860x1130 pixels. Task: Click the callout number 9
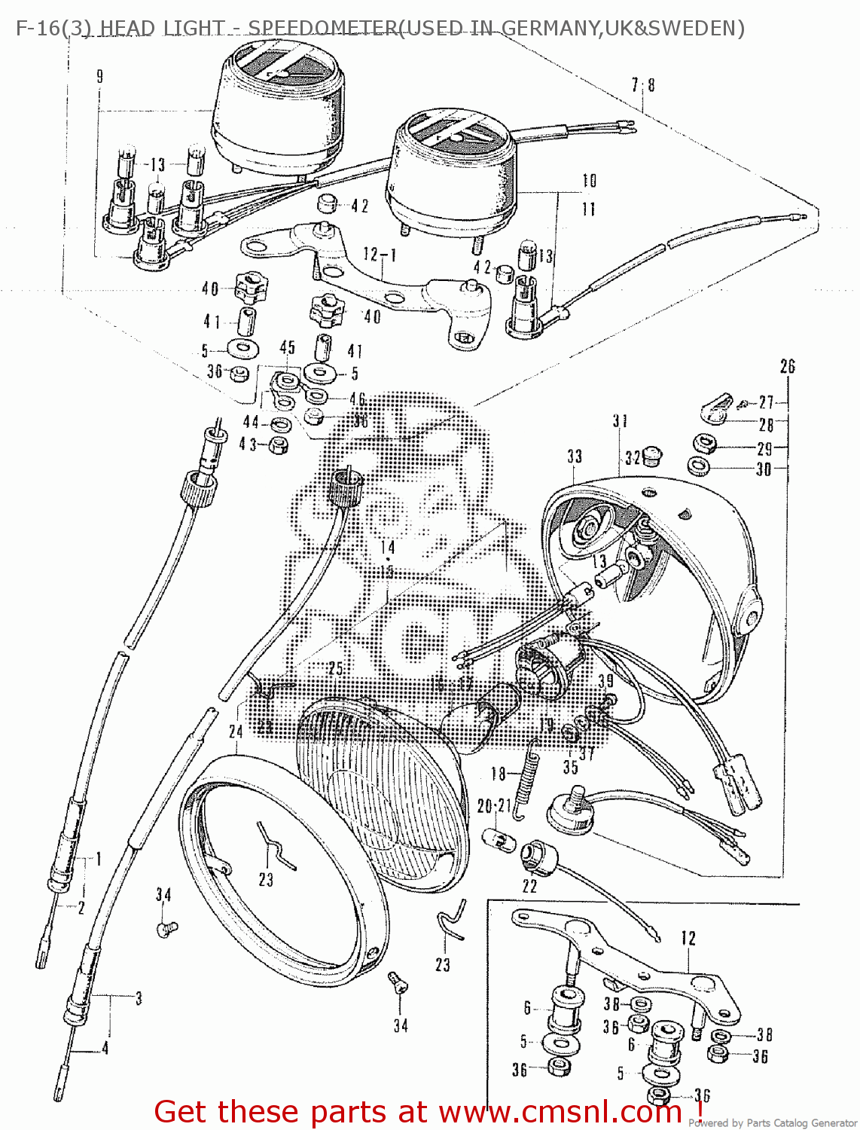point(99,76)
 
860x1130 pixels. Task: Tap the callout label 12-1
point(380,255)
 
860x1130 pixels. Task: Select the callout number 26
point(787,367)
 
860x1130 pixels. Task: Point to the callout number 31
point(620,421)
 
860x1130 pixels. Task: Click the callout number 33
point(575,457)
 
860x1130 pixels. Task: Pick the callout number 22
point(530,887)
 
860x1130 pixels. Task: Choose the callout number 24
point(236,731)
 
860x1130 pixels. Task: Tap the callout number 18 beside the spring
point(499,774)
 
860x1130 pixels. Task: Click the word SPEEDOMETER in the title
point(322,29)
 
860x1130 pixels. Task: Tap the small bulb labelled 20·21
point(504,838)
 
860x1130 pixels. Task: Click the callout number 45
point(288,347)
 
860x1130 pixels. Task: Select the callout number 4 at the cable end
point(105,1048)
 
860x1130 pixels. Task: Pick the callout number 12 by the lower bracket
point(688,939)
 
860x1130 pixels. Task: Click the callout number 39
point(605,681)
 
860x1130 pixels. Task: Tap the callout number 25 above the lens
point(336,669)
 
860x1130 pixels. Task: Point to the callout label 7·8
point(643,85)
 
